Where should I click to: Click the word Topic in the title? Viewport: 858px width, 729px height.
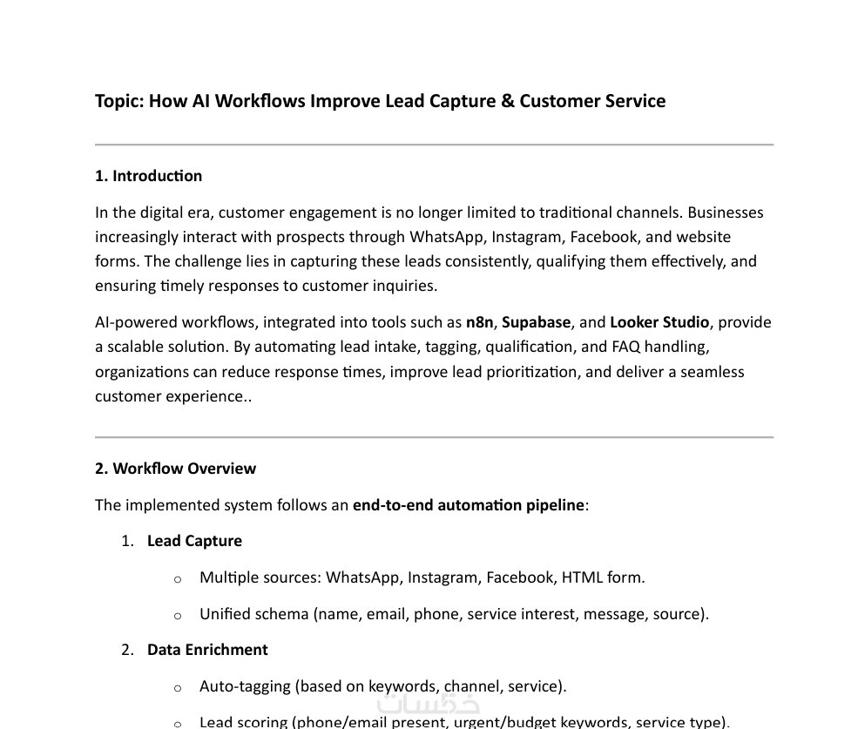[x=118, y=101]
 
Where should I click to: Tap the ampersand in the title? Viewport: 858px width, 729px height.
[x=508, y=101]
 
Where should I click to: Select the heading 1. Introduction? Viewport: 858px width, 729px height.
[x=148, y=176]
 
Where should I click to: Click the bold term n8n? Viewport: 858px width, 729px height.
[x=479, y=322]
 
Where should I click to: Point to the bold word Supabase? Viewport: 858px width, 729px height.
[x=537, y=322]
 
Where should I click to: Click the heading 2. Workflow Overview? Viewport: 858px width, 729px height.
[x=175, y=469]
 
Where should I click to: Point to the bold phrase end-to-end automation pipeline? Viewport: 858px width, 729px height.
[x=468, y=505]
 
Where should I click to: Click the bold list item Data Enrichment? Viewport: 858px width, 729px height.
[x=207, y=650]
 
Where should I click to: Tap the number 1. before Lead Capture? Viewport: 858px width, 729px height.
[x=128, y=541]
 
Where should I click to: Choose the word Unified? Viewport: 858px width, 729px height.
[x=225, y=614]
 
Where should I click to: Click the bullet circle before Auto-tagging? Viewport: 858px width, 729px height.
[x=178, y=688]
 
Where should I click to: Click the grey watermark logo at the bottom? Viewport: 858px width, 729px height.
[x=428, y=703]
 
